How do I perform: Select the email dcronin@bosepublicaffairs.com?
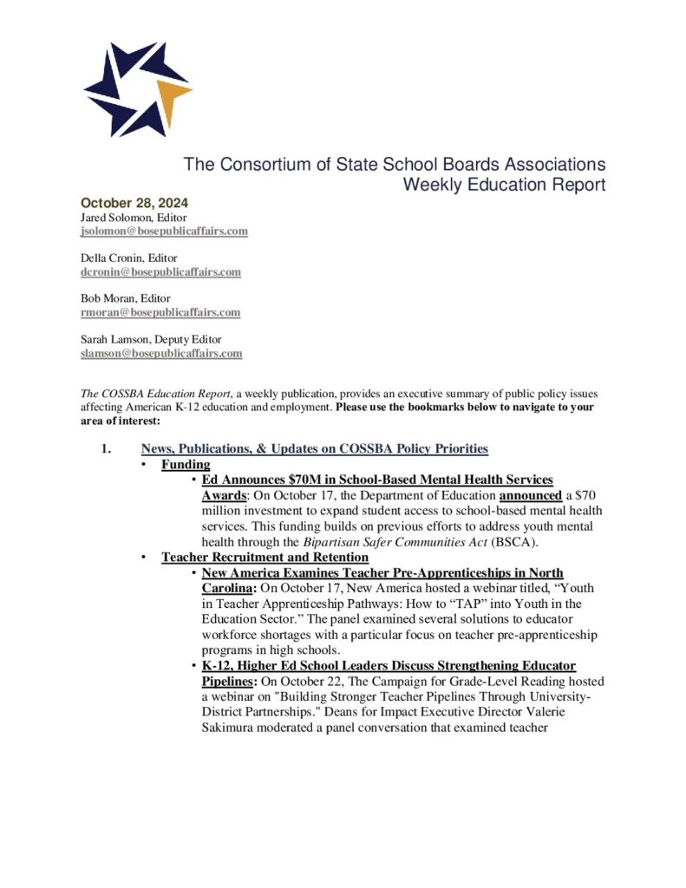[x=160, y=272]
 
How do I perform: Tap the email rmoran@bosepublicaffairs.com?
[x=160, y=312]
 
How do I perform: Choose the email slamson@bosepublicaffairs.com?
[x=160, y=354]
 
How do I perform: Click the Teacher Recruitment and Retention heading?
[x=265, y=558]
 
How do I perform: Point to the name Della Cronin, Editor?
[x=129, y=258]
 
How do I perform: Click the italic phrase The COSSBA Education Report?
[x=150, y=395]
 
